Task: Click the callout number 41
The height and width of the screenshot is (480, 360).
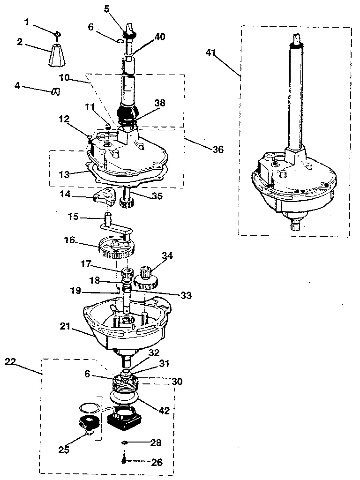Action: [x=210, y=53]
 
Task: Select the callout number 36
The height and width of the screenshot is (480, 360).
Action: [x=217, y=150]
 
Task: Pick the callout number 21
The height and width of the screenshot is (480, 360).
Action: [x=65, y=326]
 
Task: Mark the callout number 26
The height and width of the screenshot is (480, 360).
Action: [x=157, y=462]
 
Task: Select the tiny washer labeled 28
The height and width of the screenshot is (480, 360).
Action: [x=124, y=442]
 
